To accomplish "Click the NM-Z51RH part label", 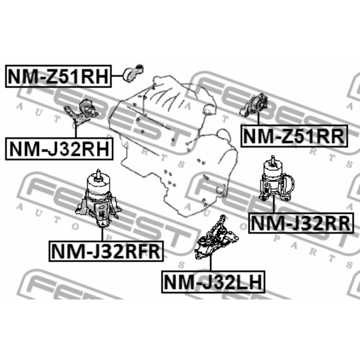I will coord(58,77).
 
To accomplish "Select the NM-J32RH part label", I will coord(58,149).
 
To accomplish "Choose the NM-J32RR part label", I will coord(301,223).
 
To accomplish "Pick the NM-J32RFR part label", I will coord(106,251).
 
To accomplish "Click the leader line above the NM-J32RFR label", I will coord(102,234).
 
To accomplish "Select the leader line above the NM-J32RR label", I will coord(273,208).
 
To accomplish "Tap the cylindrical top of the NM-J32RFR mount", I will coord(96,181).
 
